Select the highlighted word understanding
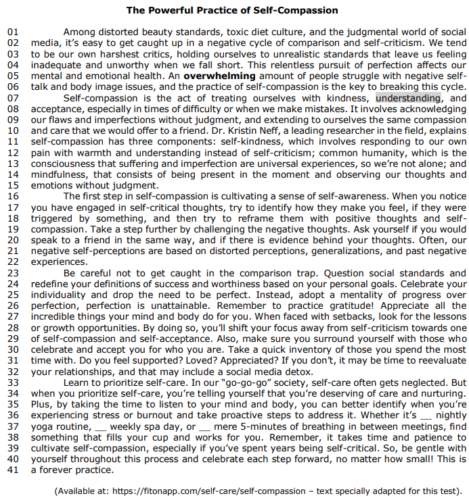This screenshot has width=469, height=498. (408, 99)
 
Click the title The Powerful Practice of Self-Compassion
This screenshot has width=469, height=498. (231, 11)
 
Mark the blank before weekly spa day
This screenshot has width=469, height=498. (100, 426)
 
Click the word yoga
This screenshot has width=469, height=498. (43, 426)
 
